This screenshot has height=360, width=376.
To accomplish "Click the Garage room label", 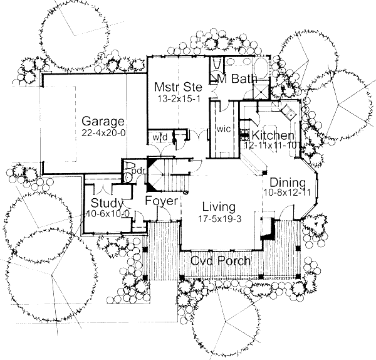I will coord(103,122).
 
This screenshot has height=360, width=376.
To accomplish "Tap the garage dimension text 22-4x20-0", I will coord(103,133).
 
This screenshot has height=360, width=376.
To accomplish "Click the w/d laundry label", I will coord(157,136).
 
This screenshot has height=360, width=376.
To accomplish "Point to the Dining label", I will coord(286,182).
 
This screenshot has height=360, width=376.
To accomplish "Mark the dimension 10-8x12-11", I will coord(286,193).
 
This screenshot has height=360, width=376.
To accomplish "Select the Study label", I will coord(105,203).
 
